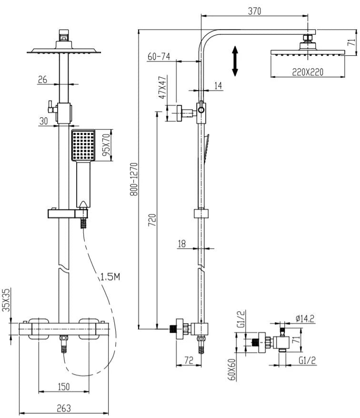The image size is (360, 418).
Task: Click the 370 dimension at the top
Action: point(255,12)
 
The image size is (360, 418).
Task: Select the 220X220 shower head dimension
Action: point(308,72)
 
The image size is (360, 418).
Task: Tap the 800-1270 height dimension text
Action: point(134,179)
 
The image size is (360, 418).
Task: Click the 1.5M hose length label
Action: point(110,276)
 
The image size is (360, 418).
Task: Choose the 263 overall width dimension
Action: point(64,408)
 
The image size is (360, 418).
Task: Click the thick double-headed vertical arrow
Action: point(235,61)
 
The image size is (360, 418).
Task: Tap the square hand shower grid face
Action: point(83,145)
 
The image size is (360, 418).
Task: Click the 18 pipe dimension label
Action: point(181,244)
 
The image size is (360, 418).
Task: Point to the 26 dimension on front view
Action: point(43,80)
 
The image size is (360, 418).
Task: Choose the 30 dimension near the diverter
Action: point(44,121)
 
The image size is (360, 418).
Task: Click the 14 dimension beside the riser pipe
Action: point(218,85)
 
